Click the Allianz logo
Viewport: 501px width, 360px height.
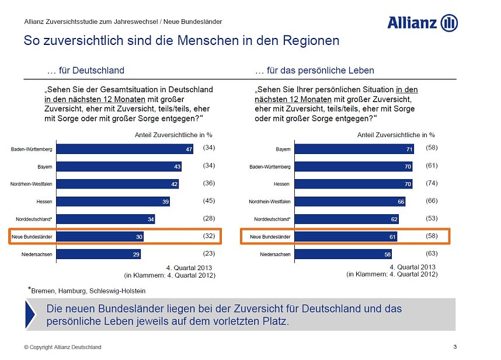pyautogui.click(x=422, y=23)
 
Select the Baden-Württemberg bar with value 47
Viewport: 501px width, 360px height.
pyautogui.click(x=125, y=149)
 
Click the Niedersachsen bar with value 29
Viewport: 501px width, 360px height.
pyautogui.click(x=99, y=254)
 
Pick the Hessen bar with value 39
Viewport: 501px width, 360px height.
pyautogui.click(x=114, y=202)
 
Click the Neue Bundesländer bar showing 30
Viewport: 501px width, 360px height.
pyautogui.click(x=100, y=237)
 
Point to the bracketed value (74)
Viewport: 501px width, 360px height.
pyautogui.click(x=432, y=183)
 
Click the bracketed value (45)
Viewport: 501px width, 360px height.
pyautogui.click(x=209, y=201)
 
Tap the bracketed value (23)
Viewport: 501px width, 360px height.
pyautogui.click(x=209, y=253)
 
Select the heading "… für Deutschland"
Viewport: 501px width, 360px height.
pyautogui.click(x=85, y=71)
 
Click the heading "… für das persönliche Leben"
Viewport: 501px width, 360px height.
pyautogui.click(x=315, y=71)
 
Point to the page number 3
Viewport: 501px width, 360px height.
pyautogui.click(x=455, y=347)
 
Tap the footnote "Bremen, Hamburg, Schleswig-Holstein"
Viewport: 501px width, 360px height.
pyautogui.click(x=88, y=290)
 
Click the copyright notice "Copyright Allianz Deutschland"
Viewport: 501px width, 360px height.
pyautogui.click(x=62, y=347)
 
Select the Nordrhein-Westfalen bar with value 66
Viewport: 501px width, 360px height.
pyautogui.click(x=351, y=202)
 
